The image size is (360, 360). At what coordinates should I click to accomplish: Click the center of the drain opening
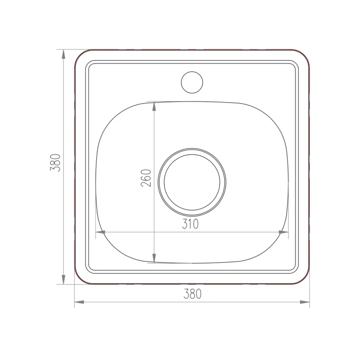point(192,182)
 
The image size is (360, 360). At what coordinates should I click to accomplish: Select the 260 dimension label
point(146,178)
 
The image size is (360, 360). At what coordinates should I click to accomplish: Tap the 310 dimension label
point(190,224)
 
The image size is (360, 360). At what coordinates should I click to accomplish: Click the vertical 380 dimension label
point(55,163)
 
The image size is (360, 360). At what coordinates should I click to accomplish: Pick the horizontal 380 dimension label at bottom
point(193,294)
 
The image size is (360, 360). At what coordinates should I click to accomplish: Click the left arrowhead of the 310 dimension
point(100,232)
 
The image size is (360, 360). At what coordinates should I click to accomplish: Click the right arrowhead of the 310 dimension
point(283,232)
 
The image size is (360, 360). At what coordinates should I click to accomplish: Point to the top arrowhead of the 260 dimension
point(154,106)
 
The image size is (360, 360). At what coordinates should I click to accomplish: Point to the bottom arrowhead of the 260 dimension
point(154,258)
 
